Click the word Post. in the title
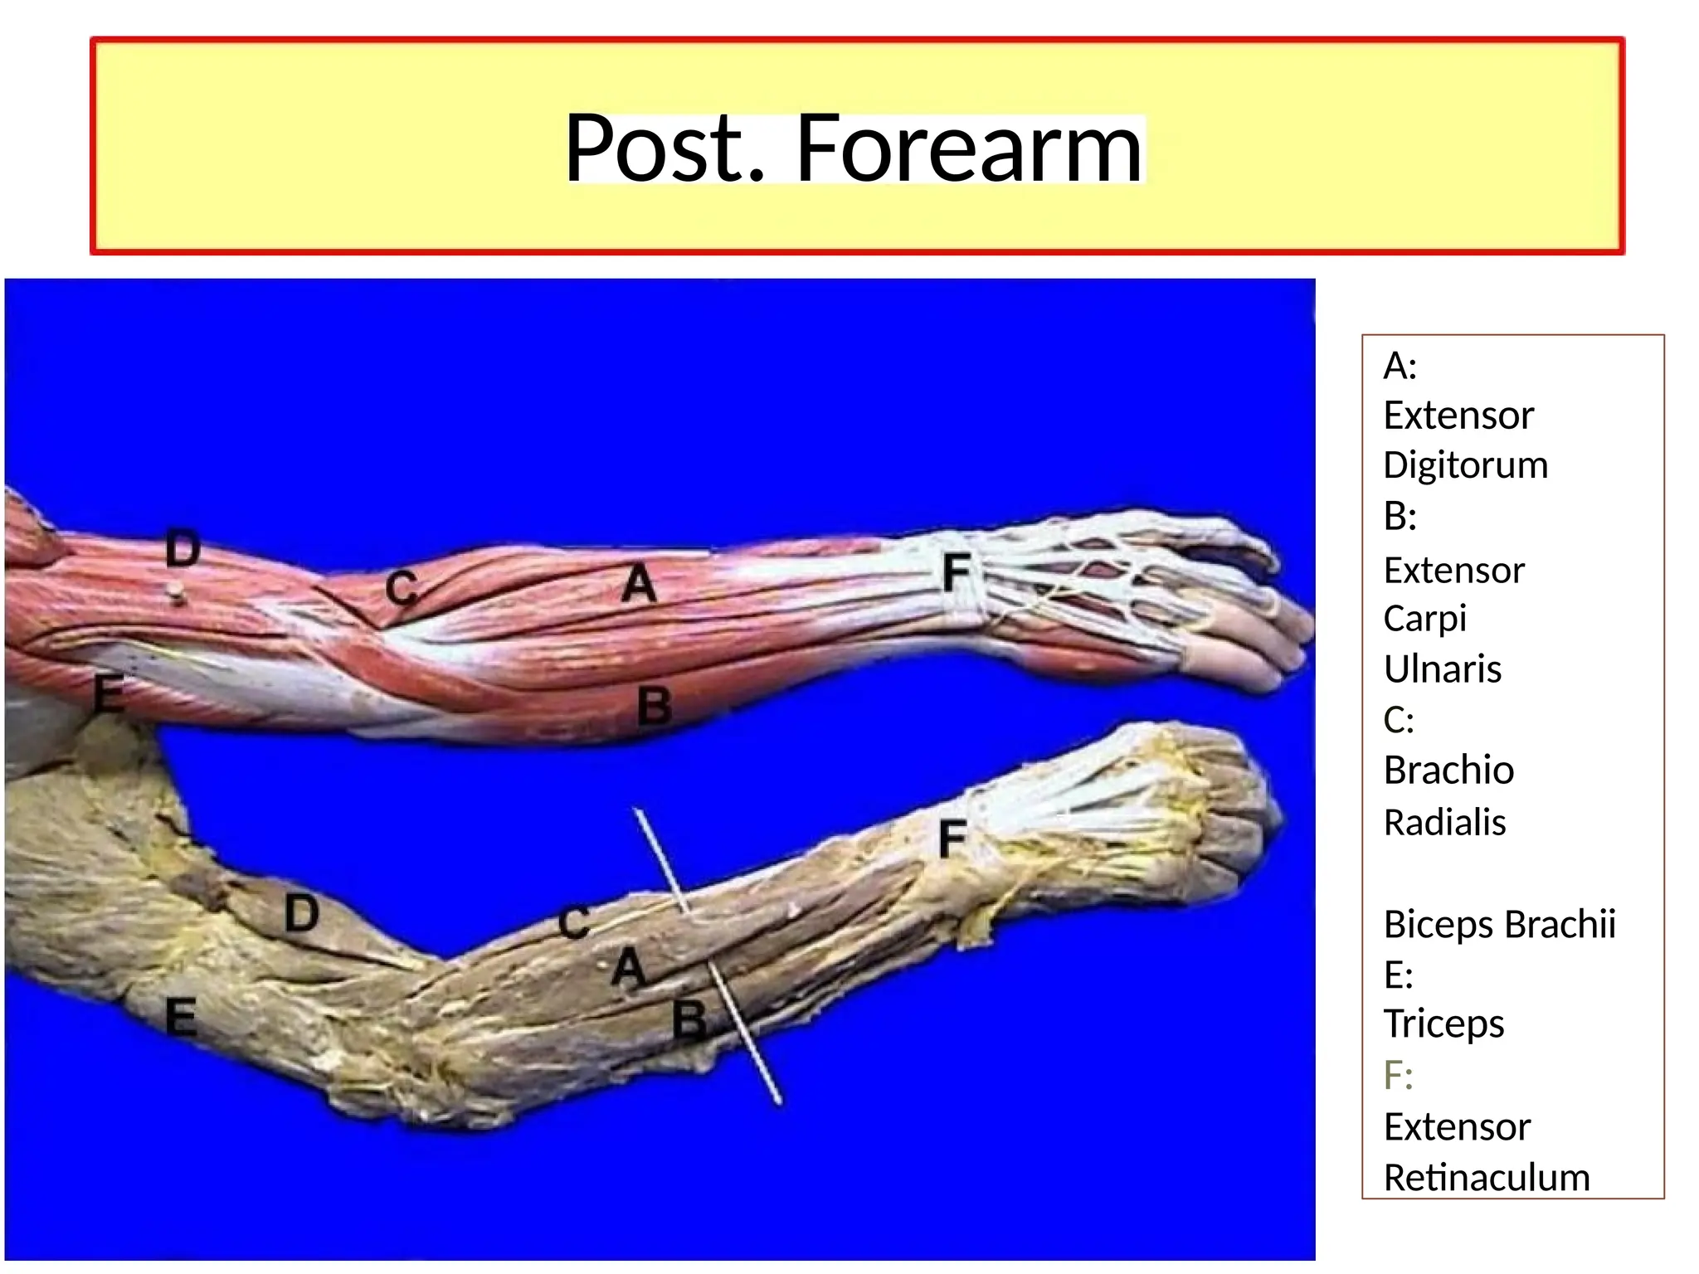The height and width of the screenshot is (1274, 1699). (x=664, y=149)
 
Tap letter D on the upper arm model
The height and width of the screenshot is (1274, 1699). (x=183, y=548)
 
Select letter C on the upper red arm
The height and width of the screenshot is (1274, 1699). (x=402, y=590)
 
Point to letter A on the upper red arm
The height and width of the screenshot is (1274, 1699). (x=639, y=583)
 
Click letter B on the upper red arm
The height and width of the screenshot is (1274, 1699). (x=655, y=707)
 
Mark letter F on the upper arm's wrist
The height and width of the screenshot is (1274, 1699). (x=956, y=572)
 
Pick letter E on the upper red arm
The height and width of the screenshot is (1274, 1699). (x=109, y=693)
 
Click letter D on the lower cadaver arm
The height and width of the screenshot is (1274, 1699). (x=301, y=914)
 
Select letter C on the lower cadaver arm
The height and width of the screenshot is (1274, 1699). (x=573, y=923)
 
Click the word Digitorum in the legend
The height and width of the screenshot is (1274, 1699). (x=1465, y=464)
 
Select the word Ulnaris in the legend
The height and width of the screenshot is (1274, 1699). (x=1442, y=669)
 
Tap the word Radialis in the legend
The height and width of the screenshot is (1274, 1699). (x=1444, y=822)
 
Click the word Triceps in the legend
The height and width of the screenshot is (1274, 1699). (x=1443, y=1024)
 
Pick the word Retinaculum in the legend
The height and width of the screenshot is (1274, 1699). (x=1486, y=1177)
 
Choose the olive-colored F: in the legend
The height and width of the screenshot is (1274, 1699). (x=1398, y=1075)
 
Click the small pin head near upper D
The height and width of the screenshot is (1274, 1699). (x=174, y=591)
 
